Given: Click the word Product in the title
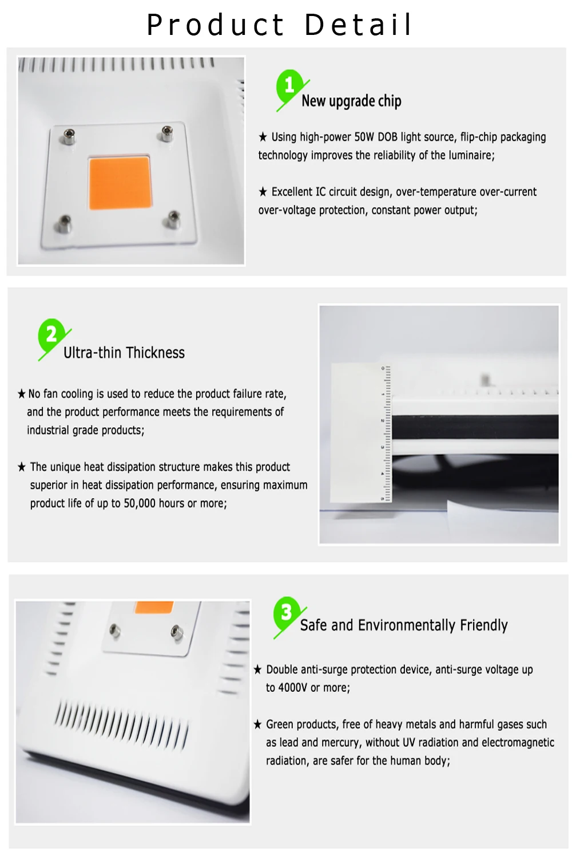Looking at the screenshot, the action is [x=215, y=25].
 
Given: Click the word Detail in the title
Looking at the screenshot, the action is [x=358, y=25].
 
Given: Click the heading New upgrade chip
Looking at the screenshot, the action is [x=351, y=101].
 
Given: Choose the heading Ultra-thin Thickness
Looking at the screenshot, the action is [x=124, y=352].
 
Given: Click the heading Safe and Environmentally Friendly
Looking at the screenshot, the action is [x=404, y=625].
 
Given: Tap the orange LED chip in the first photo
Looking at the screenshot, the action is [x=120, y=183].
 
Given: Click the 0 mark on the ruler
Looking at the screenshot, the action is [x=383, y=368].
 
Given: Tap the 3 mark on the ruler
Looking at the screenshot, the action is [x=382, y=447].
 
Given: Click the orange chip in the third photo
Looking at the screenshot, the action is [x=154, y=607].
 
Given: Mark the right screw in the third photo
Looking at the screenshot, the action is [x=176, y=632].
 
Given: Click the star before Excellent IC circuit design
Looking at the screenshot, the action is [x=263, y=192].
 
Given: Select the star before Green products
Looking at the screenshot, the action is [x=257, y=724].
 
